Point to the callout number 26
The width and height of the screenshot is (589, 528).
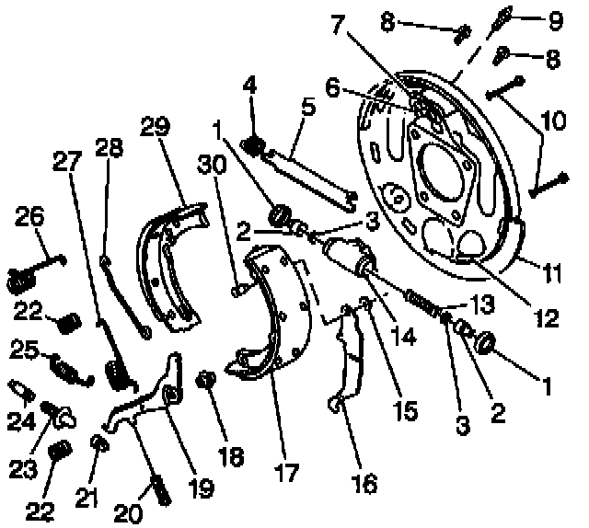tap(29, 220)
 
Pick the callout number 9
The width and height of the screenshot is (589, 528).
tap(556, 17)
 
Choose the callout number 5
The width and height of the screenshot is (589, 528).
tap(307, 107)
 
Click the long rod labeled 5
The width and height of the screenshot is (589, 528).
tap(310, 176)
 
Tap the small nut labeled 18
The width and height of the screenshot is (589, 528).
tap(207, 379)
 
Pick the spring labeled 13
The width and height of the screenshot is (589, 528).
tap(421, 300)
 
